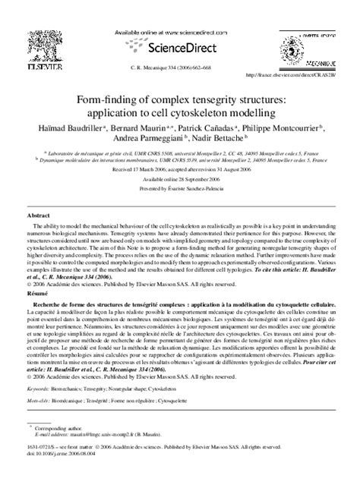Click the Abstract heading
coord(38,216)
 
